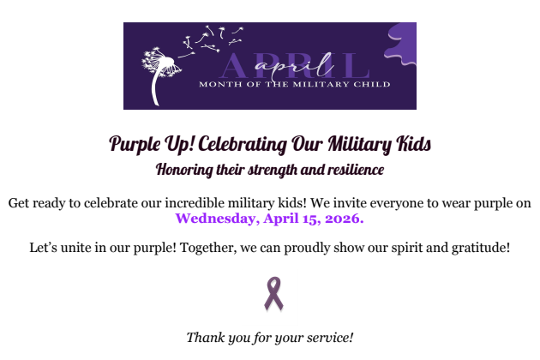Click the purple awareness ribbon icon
[273, 293]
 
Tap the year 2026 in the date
[342, 219]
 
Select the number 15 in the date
[306, 219]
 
